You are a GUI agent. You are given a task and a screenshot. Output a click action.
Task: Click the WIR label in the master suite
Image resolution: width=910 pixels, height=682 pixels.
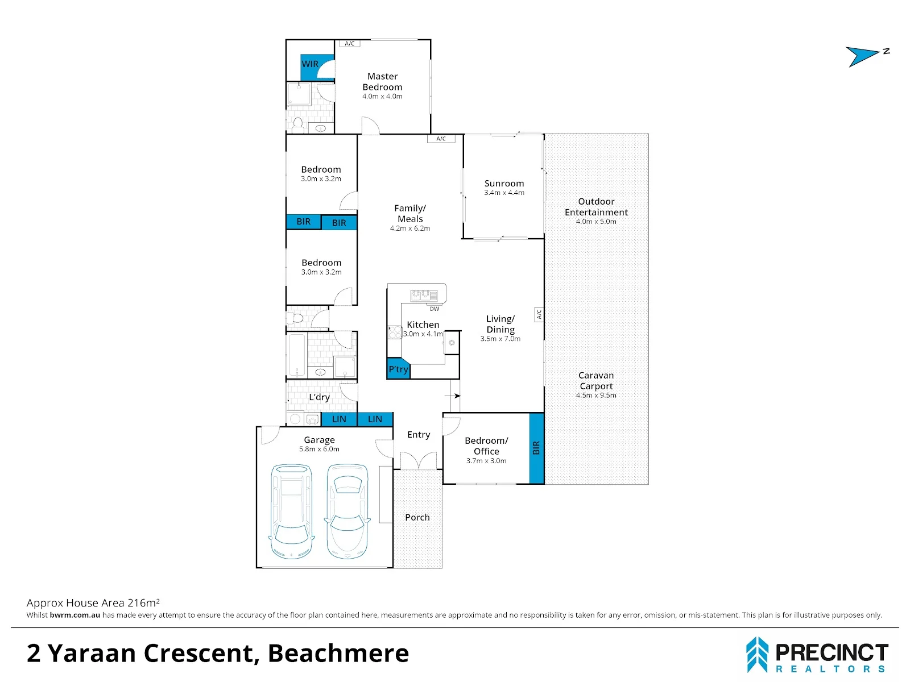310,64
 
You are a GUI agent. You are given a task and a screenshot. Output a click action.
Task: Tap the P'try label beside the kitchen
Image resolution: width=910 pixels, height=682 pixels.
399,369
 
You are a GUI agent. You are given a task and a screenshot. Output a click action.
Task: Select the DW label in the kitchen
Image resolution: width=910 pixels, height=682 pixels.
434,309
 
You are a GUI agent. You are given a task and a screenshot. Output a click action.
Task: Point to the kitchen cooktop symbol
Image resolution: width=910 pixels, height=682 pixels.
394,332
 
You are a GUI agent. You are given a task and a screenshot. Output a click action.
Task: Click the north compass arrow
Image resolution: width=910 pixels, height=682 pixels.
862,56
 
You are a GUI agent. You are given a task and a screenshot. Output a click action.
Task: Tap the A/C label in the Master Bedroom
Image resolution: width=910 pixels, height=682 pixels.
349,44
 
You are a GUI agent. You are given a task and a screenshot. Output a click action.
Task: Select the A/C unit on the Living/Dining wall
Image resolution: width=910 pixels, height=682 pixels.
539,315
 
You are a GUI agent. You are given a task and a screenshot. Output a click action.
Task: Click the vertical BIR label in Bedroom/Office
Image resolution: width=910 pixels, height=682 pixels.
536,448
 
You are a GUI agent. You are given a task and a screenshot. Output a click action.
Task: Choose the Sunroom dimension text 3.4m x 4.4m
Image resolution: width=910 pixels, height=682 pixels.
504,193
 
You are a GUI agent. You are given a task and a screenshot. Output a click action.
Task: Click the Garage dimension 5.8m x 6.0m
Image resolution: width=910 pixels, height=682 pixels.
319,449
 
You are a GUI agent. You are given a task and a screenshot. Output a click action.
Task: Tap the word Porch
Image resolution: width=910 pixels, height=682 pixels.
417,517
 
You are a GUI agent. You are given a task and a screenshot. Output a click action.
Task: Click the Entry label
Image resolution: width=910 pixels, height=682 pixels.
419,435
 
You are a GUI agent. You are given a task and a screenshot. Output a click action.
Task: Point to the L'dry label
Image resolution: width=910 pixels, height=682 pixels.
319,397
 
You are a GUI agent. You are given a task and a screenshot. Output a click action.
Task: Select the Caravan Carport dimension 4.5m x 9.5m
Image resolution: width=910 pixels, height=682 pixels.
596,396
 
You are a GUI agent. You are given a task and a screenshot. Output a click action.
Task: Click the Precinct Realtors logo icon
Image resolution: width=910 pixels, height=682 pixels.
757,655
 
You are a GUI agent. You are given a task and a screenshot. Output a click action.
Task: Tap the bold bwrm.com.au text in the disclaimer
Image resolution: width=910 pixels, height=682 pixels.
75,616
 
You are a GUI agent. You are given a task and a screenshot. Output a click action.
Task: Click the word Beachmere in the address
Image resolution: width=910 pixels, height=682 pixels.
338,654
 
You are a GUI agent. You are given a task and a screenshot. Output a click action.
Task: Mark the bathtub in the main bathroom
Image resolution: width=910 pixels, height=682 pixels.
297,355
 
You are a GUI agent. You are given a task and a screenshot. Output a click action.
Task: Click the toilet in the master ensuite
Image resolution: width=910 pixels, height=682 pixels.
297,123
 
